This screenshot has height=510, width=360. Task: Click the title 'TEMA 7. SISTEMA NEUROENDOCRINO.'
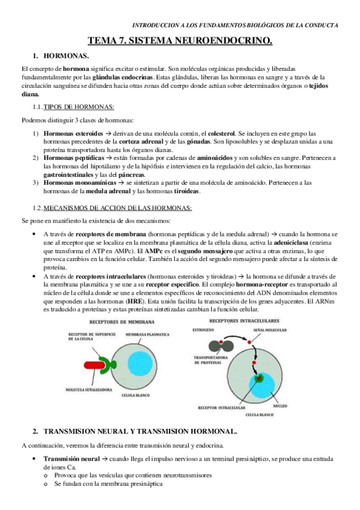click(x=180, y=41)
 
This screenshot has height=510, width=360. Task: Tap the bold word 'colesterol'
click(x=216, y=133)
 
